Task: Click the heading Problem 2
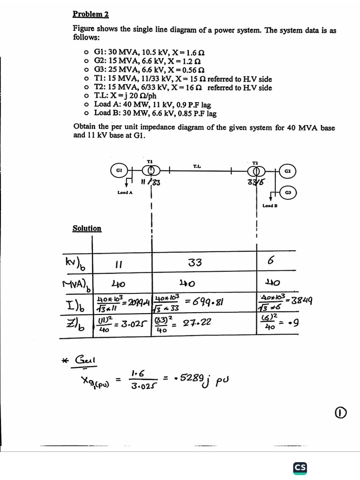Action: pos(90,14)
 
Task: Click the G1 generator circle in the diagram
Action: pos(119,171)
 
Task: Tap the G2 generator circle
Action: pos(287,172)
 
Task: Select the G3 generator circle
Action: pos(287,193)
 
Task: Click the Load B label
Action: pos(270,206)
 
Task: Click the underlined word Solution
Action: pos(87,228)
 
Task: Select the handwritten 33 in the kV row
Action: pos(195,263)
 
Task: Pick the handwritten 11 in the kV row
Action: pos(118,265)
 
